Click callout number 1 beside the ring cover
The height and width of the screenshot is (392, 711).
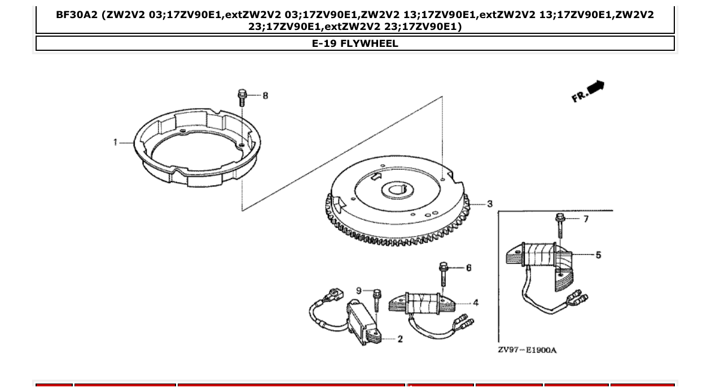[x=115, y=142]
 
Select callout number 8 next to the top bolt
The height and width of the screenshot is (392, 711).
[x=265, y=95]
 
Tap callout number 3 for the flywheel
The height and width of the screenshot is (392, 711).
[x=489, y=203]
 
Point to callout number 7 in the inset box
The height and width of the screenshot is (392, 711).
[x=586, y=219]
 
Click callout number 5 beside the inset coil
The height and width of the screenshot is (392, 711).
[x=598, y=255]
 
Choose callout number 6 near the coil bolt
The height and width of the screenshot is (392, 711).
[x=468, y=267]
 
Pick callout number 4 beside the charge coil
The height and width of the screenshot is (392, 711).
[x=476, y=303]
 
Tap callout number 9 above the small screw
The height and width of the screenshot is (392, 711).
[x=359, y=290]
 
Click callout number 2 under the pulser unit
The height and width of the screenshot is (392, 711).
[x=400, y=339]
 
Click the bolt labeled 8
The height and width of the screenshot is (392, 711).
[x=243, y=98]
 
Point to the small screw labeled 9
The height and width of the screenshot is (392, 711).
[x=377, y=299]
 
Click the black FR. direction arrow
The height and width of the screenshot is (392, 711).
[x=595, y=87]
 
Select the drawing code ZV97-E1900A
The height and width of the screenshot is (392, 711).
[x=527, y=350]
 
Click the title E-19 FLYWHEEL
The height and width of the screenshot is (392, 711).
[x=355, y=43]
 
